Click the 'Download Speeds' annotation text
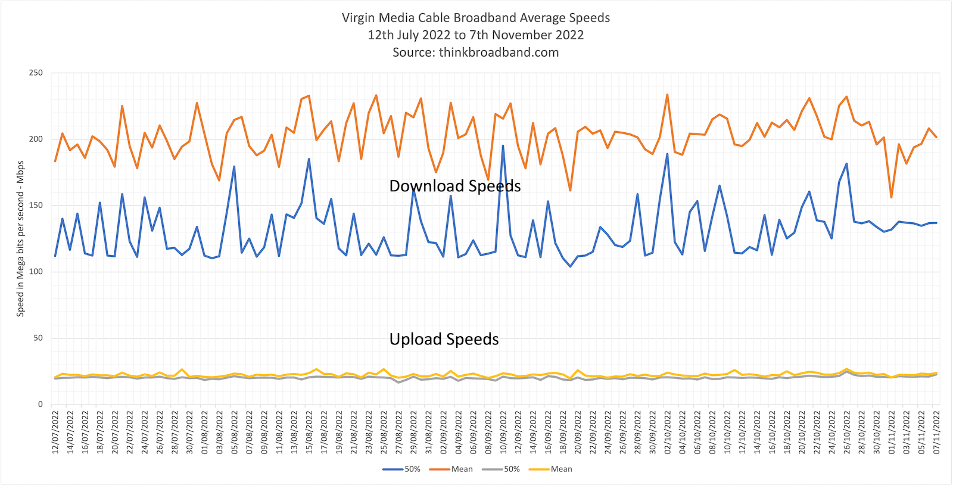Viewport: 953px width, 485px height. click(x=454, y=186)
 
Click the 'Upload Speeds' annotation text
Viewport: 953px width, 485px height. click(x=444, y=340)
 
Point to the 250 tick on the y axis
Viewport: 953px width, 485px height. click(x=36, y=73)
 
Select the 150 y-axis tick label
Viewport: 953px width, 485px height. click(x=36, y=206)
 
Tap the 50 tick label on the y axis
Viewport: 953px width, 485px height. click(x=38, y=338)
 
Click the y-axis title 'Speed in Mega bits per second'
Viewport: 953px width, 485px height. click(x=20, y=238)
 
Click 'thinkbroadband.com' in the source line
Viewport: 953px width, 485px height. click(x=499, y=52)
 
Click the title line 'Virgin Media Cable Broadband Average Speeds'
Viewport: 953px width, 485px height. click(x=476, y=18)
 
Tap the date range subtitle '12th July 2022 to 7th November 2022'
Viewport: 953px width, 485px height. click(x=476, y=35)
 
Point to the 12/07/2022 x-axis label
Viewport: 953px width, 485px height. click(x=55, y=432)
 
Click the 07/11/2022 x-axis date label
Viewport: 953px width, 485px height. click(x=936, y=432)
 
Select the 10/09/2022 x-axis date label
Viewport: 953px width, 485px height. click(x=503, y=432)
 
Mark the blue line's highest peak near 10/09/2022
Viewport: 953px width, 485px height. click(x=503, y=146)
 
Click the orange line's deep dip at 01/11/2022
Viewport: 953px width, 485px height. click(x=892, y=197)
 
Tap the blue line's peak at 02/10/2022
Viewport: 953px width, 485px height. click(x=667, y=154)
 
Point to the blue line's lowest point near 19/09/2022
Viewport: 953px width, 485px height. click(x=570, y=266)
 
